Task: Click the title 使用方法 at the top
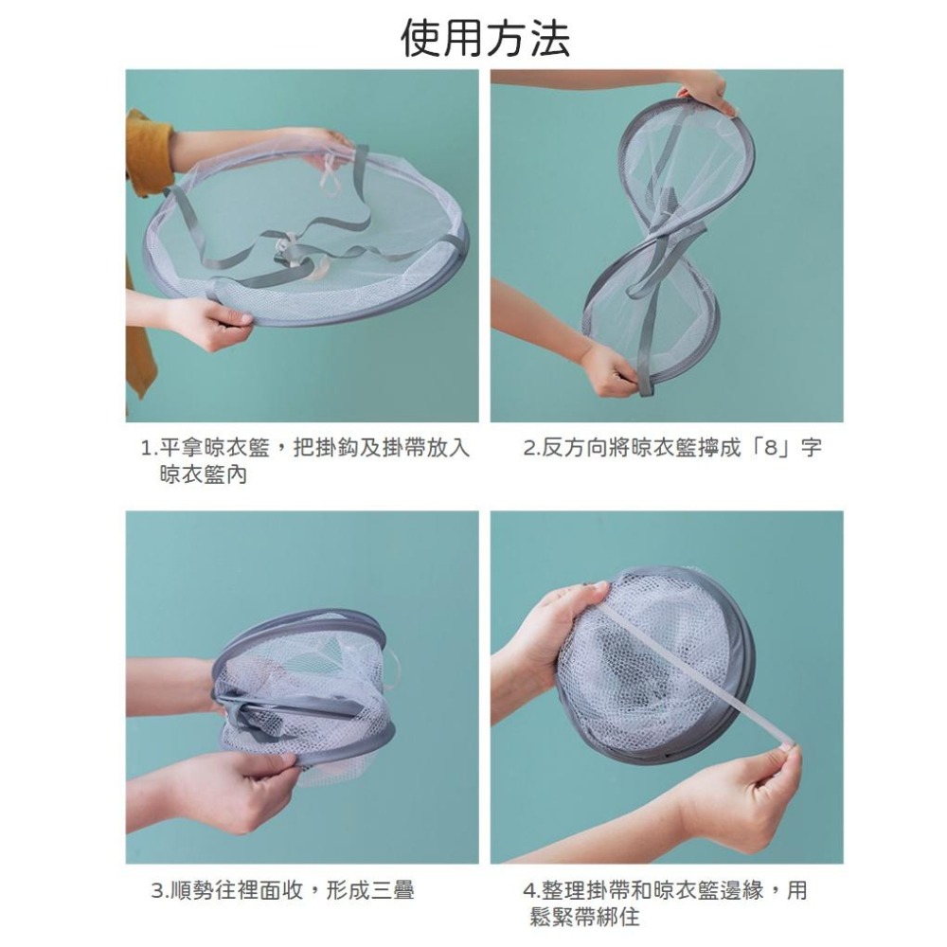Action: click(485, 38)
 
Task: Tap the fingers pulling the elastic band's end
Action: click(782, 754)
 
